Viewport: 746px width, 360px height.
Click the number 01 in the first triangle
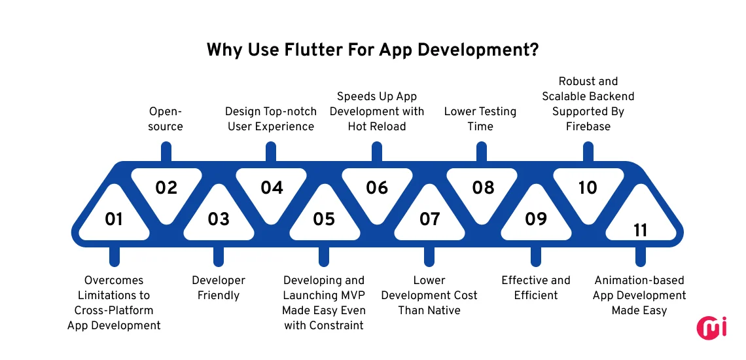[x=114, y=219]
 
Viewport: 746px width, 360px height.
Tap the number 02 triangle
[x=166, y=188]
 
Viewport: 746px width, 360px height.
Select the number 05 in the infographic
[x=324, y=219]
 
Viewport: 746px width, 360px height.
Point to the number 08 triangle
[x=483, y=188]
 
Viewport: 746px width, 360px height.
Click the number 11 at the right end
[x=641, y=230]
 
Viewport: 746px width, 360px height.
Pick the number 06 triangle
[x=377, y=188]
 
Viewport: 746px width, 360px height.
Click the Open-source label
[x=166, y=118]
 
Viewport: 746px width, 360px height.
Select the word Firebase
[x=588, y=126]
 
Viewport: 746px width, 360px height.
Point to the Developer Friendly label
[x=219, y=287]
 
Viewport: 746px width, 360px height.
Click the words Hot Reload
[x=377, y=126]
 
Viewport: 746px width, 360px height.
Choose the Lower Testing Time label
[x=480, y=118]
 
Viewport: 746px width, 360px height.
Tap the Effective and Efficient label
[x=536, y=287]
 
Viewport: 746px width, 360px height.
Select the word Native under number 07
[x=442, y=310]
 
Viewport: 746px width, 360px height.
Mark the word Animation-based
[x=639, y=280]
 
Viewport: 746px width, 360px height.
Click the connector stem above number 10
[x=588, y=152]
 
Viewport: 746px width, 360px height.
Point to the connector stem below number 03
[x=219, y=256]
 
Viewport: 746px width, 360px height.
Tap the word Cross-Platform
[x=114, y=310]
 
